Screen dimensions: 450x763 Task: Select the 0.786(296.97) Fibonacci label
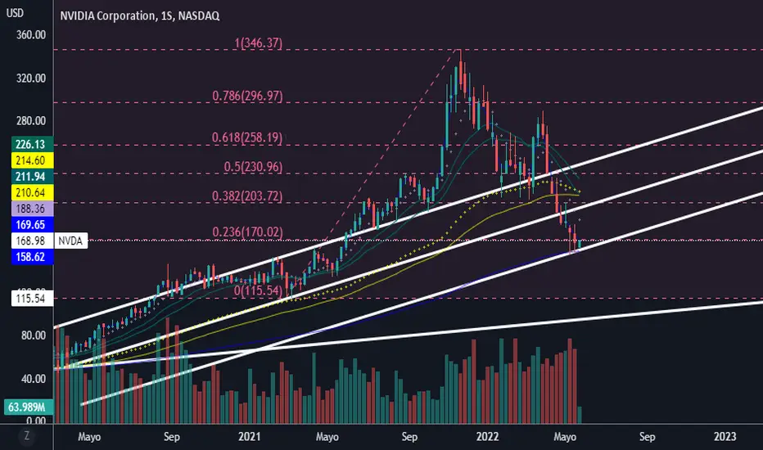[x=246, y=96]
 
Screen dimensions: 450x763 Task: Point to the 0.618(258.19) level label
[x=246, y=138]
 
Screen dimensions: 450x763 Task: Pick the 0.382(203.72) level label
[x=246, y=196]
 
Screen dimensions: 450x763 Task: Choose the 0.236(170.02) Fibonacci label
[x=246, y=232]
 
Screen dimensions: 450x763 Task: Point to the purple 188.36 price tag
[x=27, y=207]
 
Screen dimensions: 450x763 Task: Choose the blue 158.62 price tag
[x=27, y=256]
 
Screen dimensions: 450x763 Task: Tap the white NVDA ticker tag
[x=70, y=241]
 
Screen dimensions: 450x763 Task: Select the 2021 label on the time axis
[x=249, y=436]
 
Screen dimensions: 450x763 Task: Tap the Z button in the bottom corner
[x=27, y=436]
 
